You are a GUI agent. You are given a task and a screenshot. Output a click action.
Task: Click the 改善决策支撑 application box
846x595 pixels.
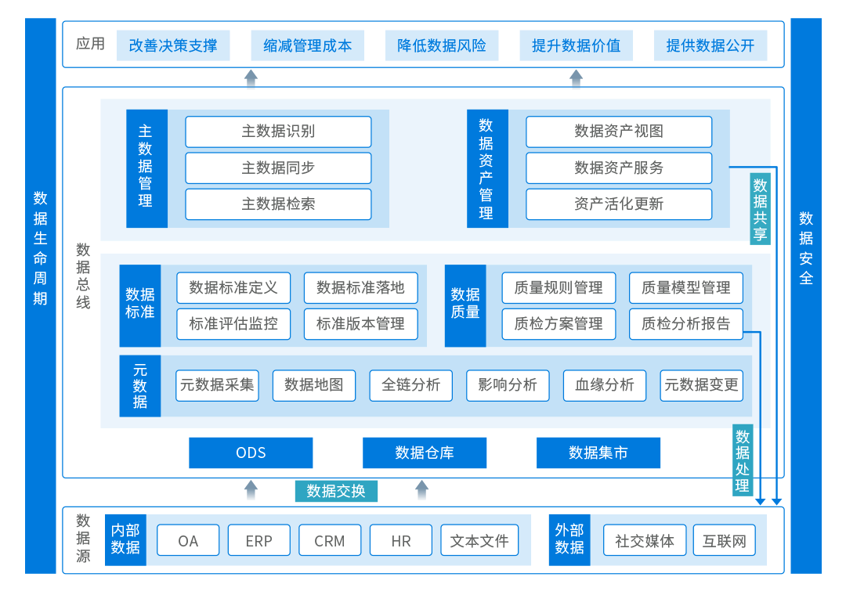point(173,45)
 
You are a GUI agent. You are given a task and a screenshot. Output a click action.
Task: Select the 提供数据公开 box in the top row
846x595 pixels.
point(710,45)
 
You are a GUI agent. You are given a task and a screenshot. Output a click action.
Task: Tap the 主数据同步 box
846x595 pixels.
point(278,168)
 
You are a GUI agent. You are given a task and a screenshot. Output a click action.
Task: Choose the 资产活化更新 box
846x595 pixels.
point(619,204)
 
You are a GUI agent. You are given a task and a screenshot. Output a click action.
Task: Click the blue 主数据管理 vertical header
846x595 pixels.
point(146,168)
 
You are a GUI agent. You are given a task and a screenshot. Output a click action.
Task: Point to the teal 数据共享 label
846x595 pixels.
point(760,209)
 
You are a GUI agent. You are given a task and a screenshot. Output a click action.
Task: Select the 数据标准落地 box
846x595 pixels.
point(360,287)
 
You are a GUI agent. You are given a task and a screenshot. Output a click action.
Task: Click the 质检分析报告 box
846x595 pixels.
point(685,323)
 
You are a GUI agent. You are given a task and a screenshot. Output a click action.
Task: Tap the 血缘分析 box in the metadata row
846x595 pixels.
point(604,385)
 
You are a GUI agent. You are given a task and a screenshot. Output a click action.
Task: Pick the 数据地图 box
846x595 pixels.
point(313,385)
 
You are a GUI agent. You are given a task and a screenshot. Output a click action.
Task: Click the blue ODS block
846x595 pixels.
point(251,453)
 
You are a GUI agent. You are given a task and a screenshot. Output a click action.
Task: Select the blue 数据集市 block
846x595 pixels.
point(598,453)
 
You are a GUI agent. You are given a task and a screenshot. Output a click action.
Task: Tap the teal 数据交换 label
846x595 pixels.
point(336,491)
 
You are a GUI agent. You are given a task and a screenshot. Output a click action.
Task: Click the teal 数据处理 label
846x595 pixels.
point(742,461)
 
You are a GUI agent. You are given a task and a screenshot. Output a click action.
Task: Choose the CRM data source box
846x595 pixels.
point(330,540)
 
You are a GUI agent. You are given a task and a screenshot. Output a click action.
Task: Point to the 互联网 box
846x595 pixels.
point(725,540)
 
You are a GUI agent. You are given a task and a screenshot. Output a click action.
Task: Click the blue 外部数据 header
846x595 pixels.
point(569,539)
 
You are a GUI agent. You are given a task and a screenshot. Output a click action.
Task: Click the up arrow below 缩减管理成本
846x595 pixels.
point(251,78)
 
